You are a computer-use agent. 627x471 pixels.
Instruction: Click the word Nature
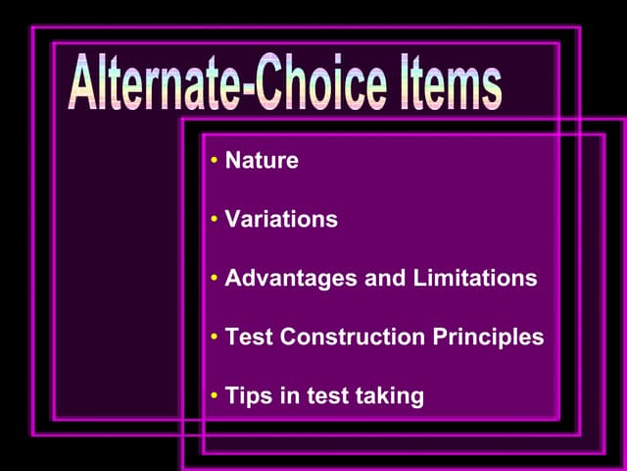click(x=262, y=160)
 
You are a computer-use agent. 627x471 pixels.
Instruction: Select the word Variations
click(x=281, y=219)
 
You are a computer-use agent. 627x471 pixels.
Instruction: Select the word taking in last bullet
click(x=391, y=396)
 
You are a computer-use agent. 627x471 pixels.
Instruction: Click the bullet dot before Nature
click(x=214, y=161)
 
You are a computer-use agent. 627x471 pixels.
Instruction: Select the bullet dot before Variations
click(x=214, y=220)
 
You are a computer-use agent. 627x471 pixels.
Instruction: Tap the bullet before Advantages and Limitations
click(x=214, y=279)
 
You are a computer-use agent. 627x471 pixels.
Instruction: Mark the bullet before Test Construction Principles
click(x=214, y=338)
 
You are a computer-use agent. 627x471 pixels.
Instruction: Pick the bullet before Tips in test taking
click(x=214, y=396)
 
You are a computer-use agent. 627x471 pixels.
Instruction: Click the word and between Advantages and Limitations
click(x=383, y=278)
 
